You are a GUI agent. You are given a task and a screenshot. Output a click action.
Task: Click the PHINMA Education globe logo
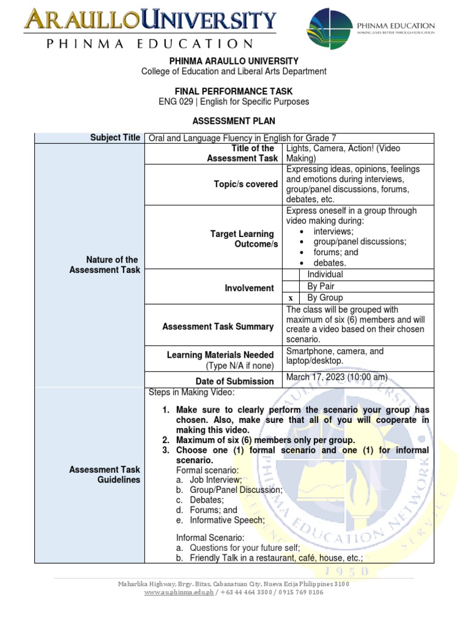tap(330, 29)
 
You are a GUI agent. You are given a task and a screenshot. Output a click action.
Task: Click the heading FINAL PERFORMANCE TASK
tap(234, 91)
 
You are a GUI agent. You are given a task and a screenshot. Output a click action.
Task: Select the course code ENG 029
tap(175, 102)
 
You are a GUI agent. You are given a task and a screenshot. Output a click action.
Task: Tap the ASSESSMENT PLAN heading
tap(234, 121)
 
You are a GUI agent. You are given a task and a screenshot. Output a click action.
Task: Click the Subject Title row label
tap(115, 138)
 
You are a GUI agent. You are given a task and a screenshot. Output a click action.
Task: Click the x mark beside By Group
tap(291, 298)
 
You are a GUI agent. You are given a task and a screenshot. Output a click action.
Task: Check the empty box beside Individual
tap(292, 275)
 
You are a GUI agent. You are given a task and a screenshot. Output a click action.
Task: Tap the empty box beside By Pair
tap(292, 286)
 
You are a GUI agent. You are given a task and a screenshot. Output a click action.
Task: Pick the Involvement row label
tap(249, 288)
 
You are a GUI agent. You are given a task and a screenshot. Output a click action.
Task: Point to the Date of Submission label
tap(235, 381)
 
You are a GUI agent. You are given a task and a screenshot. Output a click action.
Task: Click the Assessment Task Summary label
tap(218, 327)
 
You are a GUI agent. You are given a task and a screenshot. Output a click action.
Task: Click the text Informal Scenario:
tap(210, 538)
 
